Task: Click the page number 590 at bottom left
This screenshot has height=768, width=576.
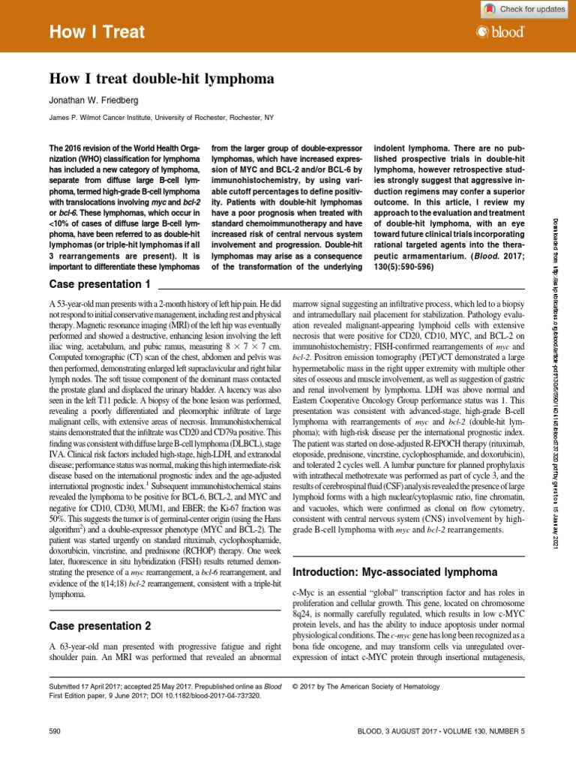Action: tap(54, 730)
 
